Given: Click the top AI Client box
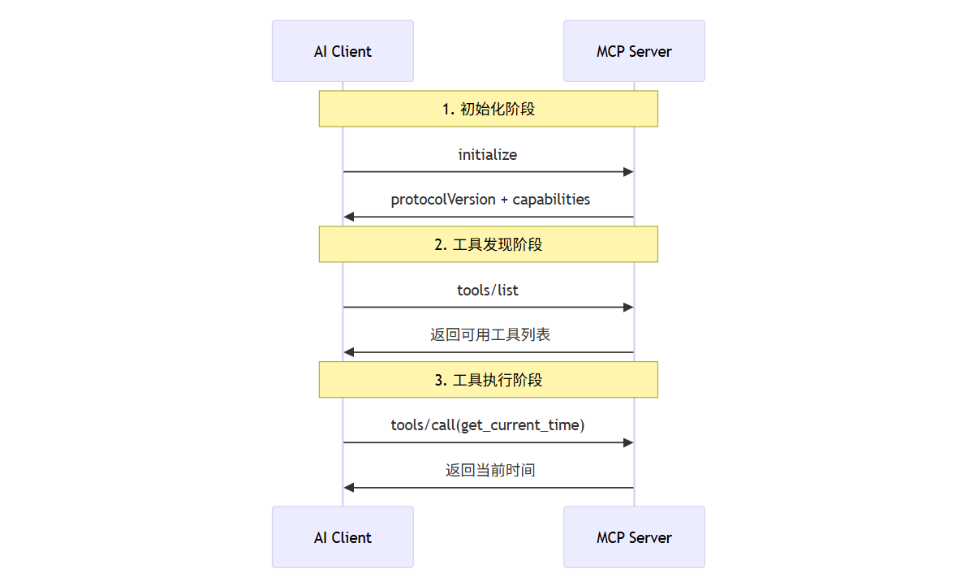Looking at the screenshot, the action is [343, 51].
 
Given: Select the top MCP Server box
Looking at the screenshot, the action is [634, 51].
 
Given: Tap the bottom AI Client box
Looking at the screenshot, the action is [343, 536].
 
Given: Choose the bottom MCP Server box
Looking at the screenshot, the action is [634, 536].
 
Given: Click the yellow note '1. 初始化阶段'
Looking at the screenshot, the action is [489, 109].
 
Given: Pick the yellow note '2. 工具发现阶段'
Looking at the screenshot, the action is [489, 243].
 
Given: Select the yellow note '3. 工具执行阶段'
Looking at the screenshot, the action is [489, 380].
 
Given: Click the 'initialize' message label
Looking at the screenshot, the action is [488, 155].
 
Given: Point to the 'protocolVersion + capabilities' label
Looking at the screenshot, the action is [490, 200].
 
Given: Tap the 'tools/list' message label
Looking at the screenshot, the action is [488, 290].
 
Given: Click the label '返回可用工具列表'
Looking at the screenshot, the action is [490, 334].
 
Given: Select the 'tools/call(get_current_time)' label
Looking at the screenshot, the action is [488, 425].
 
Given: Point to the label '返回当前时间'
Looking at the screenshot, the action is [490, 470].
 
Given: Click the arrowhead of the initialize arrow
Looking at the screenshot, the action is [628, 172].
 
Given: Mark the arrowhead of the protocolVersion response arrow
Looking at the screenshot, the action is [349, 217].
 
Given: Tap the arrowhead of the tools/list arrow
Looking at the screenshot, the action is [628, 308].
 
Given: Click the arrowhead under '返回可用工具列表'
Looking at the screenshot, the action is [349, 352].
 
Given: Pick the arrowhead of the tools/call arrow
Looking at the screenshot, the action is [628, 442].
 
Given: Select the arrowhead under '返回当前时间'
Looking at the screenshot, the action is [349, 488].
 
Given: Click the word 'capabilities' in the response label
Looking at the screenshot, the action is [551, 200].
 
